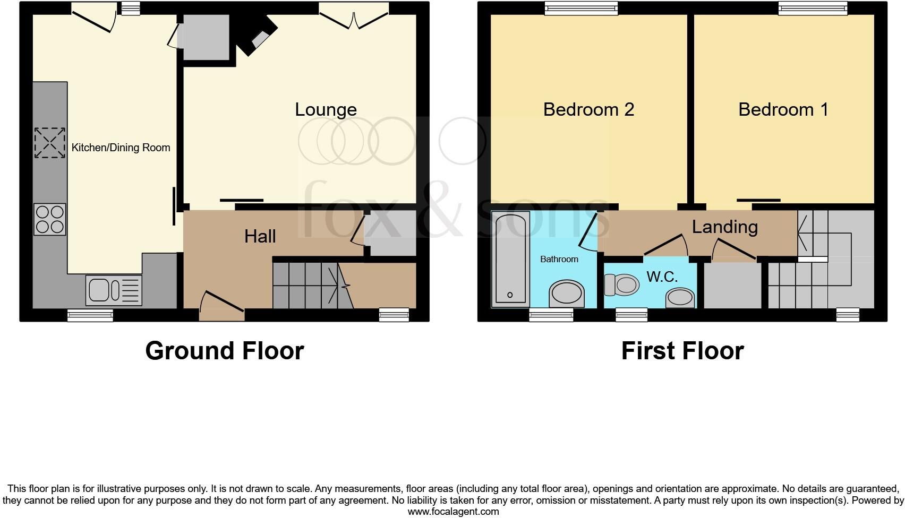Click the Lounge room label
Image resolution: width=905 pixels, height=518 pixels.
pos(326,110)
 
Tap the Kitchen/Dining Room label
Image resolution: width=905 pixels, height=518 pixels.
pos(121,148)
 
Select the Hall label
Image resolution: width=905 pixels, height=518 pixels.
pos(260,236)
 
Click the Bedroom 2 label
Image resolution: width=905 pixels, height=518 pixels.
pos(588,109)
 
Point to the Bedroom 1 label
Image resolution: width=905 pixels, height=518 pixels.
pos(783,109)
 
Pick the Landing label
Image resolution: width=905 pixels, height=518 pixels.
pos(724,227)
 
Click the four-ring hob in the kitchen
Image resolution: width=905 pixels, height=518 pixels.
pos(50,219)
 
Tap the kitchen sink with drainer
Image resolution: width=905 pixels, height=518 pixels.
pos(113,290)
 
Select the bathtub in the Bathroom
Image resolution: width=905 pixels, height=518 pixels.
pos(510,258)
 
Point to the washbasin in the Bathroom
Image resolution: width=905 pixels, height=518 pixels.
pos(566,293)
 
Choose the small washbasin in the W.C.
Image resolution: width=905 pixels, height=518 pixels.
pos(680,297)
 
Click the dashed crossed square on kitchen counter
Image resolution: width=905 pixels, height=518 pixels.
pos(50,142)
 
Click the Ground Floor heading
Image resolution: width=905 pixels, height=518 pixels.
pos(224,351)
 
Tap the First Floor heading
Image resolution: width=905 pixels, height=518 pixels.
pos(682,351)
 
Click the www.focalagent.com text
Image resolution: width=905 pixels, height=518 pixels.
pos(453,512)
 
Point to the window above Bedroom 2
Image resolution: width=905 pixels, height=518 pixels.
pos(582,8)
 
